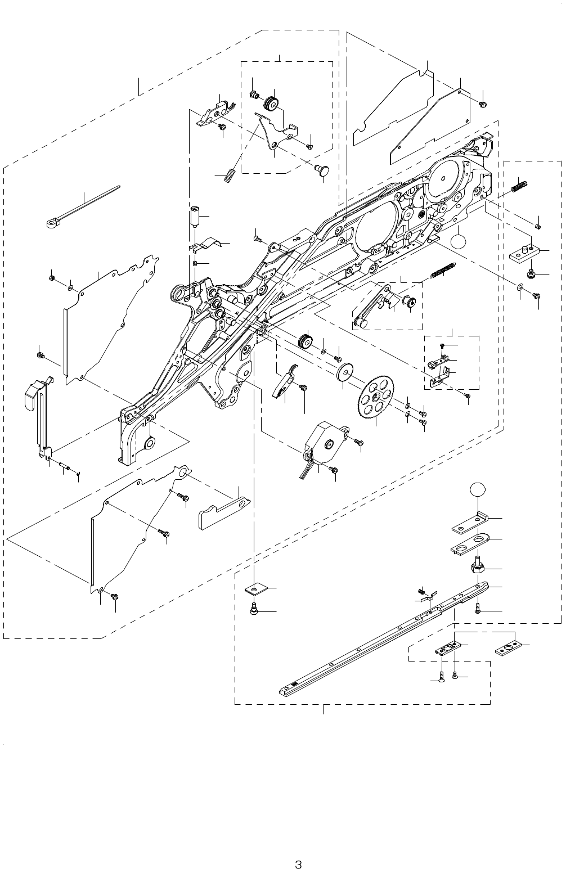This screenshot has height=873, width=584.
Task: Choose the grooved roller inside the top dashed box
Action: (273, 103)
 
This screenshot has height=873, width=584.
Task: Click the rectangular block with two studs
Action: (525, 253)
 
